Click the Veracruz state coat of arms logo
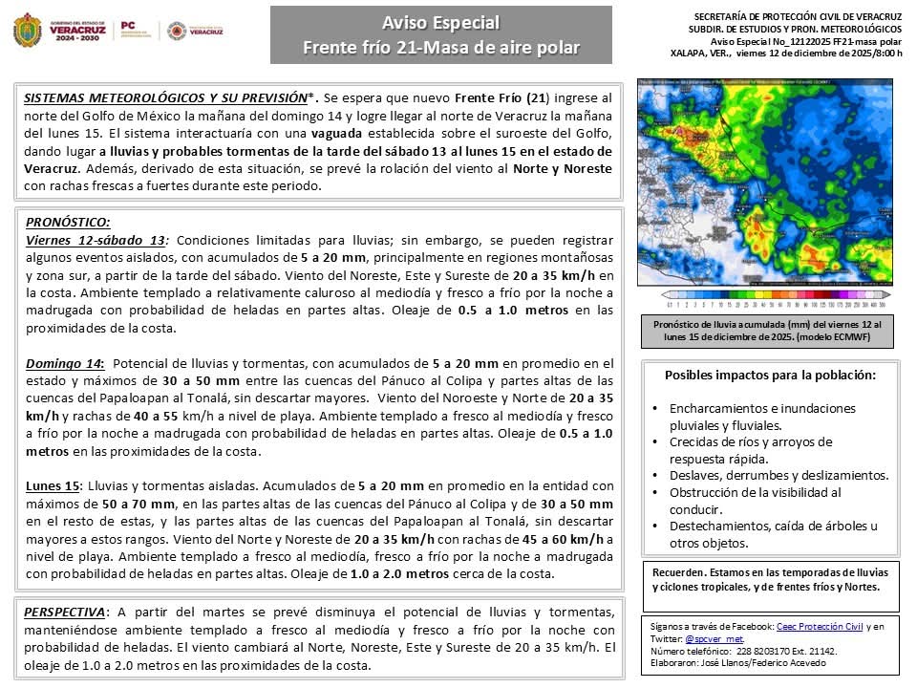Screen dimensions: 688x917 [27, 31]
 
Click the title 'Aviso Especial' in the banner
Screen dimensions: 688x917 [440, 23]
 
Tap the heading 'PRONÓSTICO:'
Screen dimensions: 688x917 [68, 222]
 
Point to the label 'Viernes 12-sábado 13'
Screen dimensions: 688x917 [96, 240]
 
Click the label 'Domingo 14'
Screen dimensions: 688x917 [64, 363]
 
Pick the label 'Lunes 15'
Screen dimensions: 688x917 [53, 485]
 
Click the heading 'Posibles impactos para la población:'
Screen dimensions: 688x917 [770, 376]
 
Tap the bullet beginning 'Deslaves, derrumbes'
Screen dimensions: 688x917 [778, 476]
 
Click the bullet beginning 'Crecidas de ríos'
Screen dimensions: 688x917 [750, 441]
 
